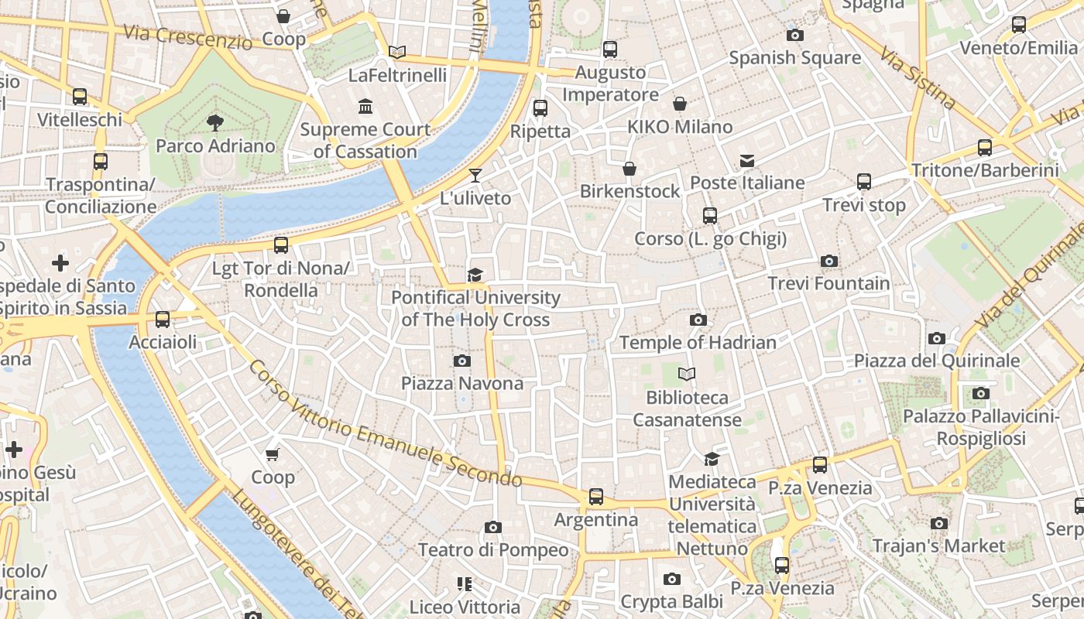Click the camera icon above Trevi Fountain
(x=829, y=262)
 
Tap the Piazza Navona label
(x=461, y=383)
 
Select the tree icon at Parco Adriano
(x=214, y=122)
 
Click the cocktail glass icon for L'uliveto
(x=475, y=175)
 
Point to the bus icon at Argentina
(x=595, y=497)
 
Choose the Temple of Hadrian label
(x=697, y=342)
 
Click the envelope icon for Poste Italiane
(x=747, y=160)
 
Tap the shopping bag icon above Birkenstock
(x=629, y=169)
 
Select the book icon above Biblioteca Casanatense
(x=686, y=374)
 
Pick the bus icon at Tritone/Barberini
(x=985, y=147)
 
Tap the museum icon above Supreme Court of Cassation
(x=365, y=106)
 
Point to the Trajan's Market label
(x=938, y=545)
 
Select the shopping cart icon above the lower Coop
(x=272, y=454)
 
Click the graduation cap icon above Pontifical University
(x=475, y=275)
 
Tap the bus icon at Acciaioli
(x=163, y=319)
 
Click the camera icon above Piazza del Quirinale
(x=937, y=338)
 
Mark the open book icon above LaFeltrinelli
(x=397, y=52)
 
